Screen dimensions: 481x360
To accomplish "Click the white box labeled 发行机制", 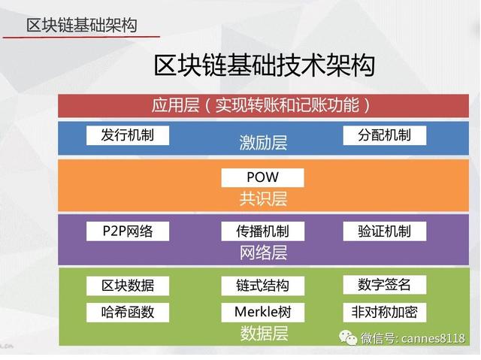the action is [128, 135].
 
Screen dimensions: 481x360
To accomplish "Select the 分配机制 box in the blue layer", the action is [384, 135].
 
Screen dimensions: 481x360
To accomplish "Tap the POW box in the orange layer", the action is [262, 177].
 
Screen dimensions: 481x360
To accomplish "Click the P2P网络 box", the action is [128, 231].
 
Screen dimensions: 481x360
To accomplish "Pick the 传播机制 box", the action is [262, 231].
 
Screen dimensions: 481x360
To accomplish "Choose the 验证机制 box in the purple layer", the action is [384, 231].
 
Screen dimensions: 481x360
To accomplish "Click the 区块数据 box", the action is [128, 286].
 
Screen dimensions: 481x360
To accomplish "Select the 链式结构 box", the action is [262, 286].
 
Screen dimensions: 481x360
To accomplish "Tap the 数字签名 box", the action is [384, 285].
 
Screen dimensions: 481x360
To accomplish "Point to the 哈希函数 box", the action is [128, 313].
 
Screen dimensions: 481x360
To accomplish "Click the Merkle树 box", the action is [262, 313].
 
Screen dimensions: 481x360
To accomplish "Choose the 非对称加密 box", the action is [384, 313].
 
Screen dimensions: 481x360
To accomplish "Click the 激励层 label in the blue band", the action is [263, 143].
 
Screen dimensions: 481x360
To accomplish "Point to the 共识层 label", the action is [263, 198].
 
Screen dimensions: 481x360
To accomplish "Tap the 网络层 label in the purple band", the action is [263, 253].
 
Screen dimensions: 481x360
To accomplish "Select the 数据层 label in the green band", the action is [264, 334].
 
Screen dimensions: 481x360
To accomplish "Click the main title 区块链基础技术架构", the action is [264, 65].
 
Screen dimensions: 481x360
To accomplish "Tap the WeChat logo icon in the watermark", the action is [348, 337].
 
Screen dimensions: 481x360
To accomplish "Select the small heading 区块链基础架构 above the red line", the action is [82, 25].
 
